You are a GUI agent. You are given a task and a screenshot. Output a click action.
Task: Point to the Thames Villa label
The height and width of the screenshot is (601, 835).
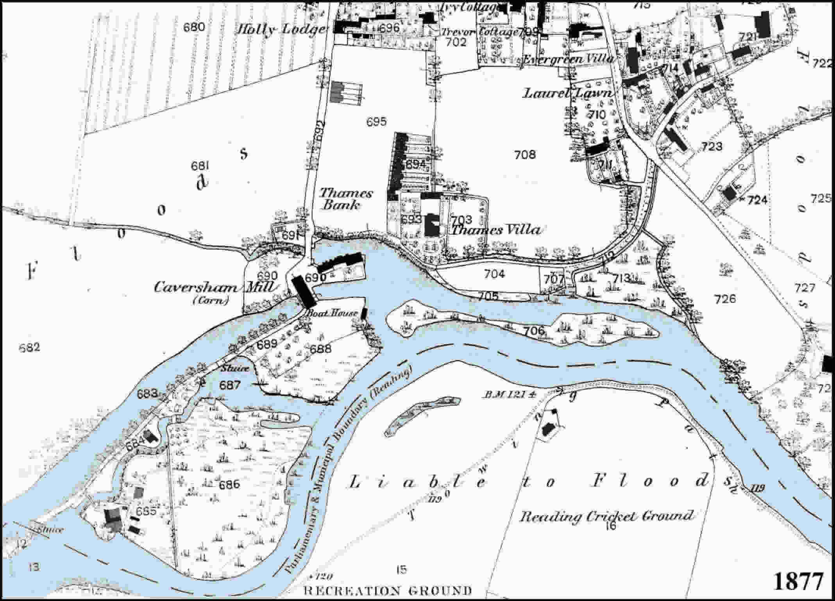pyautogui.click(x=495, y=230)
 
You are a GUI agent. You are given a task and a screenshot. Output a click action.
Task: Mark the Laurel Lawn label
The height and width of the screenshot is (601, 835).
pyautogui.click(x=567, y=93)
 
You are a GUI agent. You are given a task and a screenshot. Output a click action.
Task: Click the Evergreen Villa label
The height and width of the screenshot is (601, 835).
pyautogui.click(x=567, y=59)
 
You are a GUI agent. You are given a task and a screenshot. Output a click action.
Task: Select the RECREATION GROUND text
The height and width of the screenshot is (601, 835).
pyautogui.click(x=387, y=590)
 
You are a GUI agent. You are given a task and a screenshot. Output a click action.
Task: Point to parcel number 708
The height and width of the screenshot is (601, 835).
pyautogui.click(x=525, y=155)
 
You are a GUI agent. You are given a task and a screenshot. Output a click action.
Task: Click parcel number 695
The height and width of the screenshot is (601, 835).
pyautogui.click(x=377, y=122)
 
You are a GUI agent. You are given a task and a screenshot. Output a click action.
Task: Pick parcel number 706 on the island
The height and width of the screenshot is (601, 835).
pyautogui.click(x=534, y=331)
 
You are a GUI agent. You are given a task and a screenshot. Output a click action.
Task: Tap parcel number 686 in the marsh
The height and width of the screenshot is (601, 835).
pyautogui.click(x=229, y=485)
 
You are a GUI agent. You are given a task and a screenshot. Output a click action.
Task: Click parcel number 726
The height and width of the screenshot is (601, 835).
pyautogui.click(x=725, y=299)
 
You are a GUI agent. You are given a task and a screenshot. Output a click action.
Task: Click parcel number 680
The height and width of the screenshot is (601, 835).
pyautogui.click(x=194, y=27)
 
